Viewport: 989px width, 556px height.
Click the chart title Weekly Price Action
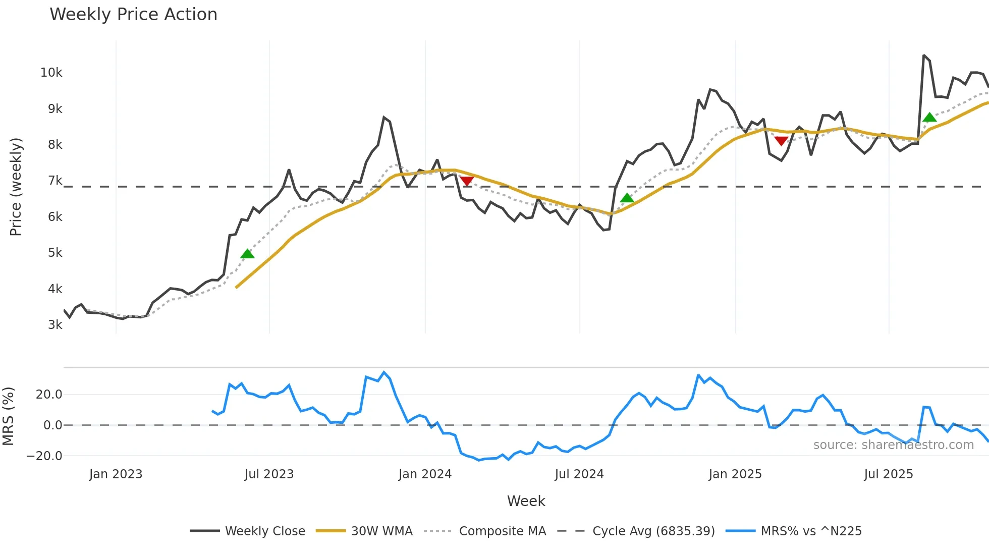pos(133,15)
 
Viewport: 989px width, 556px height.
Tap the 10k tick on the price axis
pos(51,73)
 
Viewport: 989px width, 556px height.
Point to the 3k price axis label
pos(55,325)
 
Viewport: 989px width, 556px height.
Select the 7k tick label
pos(55,181)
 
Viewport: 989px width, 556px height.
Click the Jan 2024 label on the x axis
pos(425,474)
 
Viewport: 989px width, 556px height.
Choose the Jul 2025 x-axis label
pos(889,474)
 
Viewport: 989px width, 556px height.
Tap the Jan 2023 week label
pos(116,474)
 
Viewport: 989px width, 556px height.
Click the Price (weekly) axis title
pos(16,187)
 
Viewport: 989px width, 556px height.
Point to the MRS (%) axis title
pos(8,416)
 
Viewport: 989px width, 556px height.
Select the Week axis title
pos(526,501)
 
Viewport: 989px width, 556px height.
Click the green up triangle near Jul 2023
pos(247,254)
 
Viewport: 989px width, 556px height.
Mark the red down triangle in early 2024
pos(467,181)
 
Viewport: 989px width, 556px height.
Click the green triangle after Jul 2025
pos(929,118)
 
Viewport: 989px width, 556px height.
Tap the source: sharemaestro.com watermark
pos(893,445)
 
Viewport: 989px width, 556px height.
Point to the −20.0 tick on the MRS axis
pos(44,456)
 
